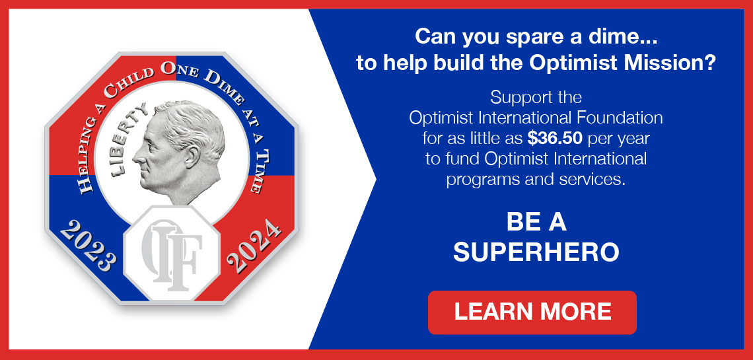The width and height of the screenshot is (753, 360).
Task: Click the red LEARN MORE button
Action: click(x=532, y=312)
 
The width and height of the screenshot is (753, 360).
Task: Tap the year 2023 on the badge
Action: click(x=88, y=246)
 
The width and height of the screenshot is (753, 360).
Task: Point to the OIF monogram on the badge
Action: click(x=172, y=254)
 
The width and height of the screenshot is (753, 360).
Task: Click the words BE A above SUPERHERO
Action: click(x=536, y=222)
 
